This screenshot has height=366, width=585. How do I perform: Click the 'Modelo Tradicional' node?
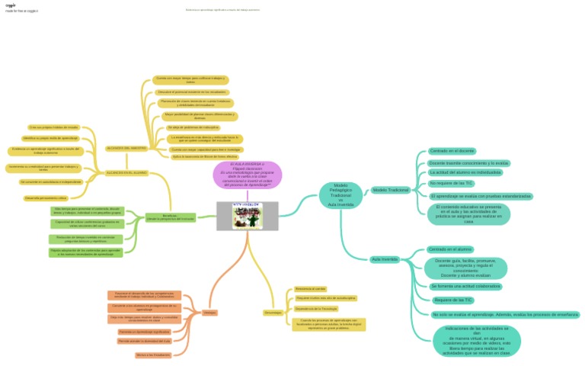pyautogui.click(x=391, y=190)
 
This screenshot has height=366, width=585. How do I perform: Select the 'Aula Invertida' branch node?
pyautogui.click(x=385, y=259)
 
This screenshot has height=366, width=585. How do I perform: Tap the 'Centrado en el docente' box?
pyautogui.click(x=452, y=152)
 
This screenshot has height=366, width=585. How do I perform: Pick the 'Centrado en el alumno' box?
pyautogui.click(x=449, y=249)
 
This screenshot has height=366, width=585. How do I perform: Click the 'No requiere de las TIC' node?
pyautogui.click(x=451, y=184)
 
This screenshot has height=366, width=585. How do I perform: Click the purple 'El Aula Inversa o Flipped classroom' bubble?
pyautogui.click(x=247, y=175)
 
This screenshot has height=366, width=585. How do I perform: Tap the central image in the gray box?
pyautogui.click(x=248, y=216)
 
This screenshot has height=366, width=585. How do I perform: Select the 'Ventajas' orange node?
pyautogui.click(x=209, y=313)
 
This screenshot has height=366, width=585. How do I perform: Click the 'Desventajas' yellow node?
pyautogui.click(x=273, y=313)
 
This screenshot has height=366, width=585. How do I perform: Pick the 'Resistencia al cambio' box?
pyautogui.click(x=310, y=290)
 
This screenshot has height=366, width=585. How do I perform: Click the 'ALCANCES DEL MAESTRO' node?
pyautogui.click(x=126, y=147)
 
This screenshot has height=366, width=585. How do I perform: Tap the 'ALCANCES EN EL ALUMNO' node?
pyautogui.click(x=126, y=172)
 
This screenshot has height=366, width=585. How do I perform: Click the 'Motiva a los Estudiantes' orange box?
pyautogui.click(x=152, y=355)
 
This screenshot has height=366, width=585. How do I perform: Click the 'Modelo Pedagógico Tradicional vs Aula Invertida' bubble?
pyautogui.click(x=340, y=195)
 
